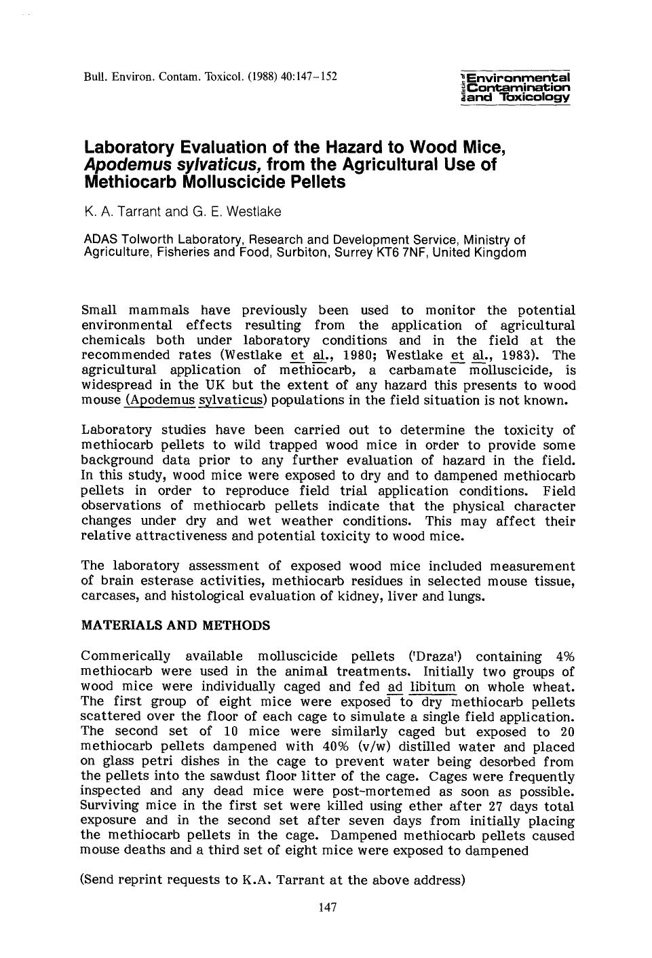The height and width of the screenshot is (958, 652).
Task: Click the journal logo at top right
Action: pos(515,87)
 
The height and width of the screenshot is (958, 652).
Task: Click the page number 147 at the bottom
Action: pos(328,908)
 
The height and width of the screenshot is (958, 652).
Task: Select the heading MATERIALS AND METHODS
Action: pos(175,625)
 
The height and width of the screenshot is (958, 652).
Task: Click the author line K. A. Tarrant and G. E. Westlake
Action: pos(183,212)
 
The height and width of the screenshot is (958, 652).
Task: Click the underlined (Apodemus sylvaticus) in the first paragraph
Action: pos(197,400)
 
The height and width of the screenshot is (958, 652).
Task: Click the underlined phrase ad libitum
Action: pos(422,686)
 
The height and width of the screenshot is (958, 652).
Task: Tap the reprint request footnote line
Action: pos(272,880)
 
